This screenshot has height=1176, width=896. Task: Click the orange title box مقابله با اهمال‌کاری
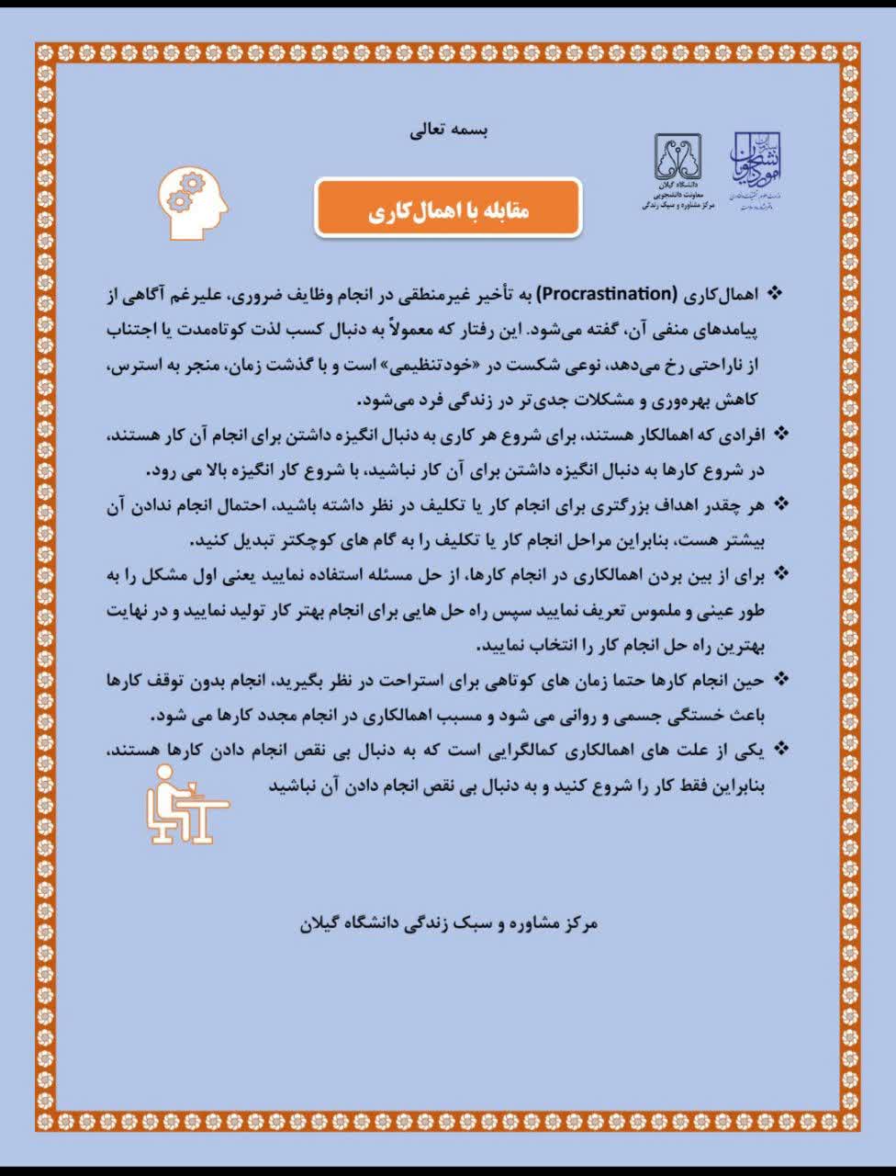[448, 209]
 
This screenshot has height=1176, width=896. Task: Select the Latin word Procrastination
[606, 295]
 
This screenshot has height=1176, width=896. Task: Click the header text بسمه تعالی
[449, 130]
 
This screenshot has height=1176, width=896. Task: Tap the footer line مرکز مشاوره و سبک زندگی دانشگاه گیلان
[449, 922]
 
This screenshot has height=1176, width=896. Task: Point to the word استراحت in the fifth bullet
[405, 681]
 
